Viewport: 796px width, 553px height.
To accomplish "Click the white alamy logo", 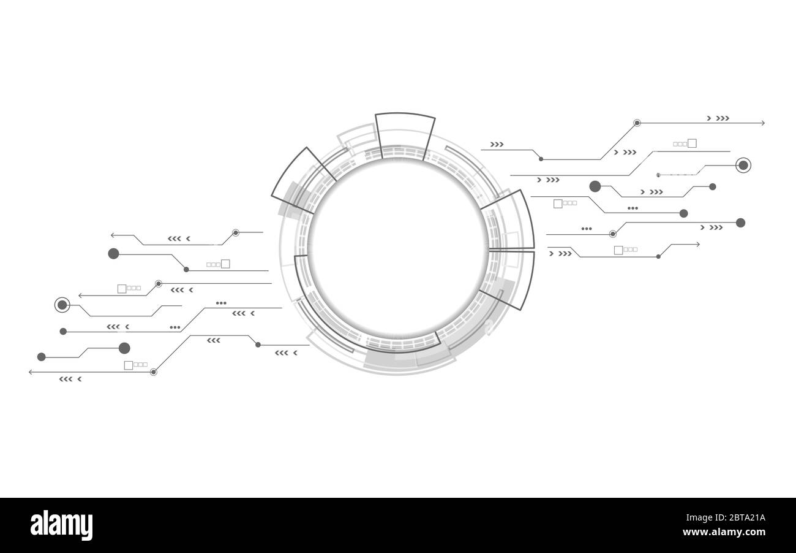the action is click(x=61, y=525).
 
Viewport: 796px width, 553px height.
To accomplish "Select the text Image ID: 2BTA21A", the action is click(x=726, y=517).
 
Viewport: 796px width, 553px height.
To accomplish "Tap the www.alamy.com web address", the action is click(x=724, y=532).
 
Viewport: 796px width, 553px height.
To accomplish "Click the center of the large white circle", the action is click(x=399, y=248).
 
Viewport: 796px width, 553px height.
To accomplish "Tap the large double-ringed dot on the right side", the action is click(x=743, y=165).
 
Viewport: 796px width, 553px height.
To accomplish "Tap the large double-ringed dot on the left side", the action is click(x=62, y=305).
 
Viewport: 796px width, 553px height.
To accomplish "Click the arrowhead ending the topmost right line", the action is click(x=762, y=123).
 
